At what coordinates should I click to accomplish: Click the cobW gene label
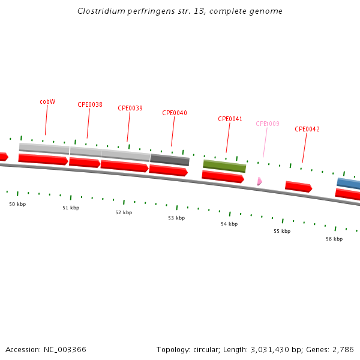(47, 101)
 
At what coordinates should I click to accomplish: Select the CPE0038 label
(90, 104)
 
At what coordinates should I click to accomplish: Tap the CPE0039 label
(130, 108)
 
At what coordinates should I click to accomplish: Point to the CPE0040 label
(175, 113)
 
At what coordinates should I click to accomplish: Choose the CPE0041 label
(230, 119)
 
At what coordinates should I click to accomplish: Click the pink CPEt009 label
(268, 124)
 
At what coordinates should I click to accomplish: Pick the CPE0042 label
(307, 129)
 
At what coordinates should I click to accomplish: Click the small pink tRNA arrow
(259, 181)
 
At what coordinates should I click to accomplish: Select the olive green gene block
(224, 165)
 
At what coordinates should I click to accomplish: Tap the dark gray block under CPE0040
(170, 160)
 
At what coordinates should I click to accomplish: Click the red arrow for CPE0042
(298, 187)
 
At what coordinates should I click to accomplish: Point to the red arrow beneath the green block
(223, 176)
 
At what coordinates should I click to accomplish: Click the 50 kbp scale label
(17, 204)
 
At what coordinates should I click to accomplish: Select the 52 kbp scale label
(124, 212)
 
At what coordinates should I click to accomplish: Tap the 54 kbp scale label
(229, 224)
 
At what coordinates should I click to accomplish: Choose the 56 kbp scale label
(334, 239)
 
